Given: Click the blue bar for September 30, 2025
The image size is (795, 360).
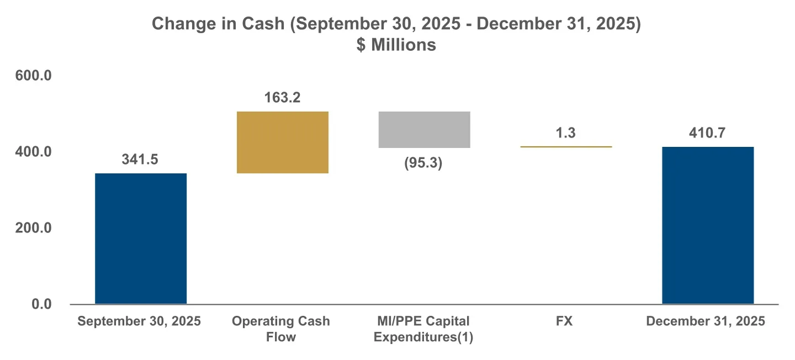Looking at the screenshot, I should pyautogui.click(x=141, y=239).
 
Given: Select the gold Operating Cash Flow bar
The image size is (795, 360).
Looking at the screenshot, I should pyautogui.click(x=282, y=142).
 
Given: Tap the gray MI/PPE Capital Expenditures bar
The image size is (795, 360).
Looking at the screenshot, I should pyautogui.click(x=424, y=130).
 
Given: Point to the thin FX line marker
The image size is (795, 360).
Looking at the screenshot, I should pyautogui.click(x=566, y=147).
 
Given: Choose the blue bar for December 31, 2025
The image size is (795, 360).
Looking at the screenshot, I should pyautogui.click(x=708, y=225).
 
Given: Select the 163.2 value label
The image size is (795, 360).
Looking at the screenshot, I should pyautogui.click(x=282, y=98).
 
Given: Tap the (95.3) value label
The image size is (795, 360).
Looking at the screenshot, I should pyautogui.click(x=424, y=163).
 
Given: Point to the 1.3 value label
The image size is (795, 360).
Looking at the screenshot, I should pyautogui.click(x=566, y=133).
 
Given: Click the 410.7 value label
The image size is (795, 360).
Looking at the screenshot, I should pyautogui.click(x=708, y=133).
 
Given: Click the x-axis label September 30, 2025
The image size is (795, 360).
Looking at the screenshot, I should pyautogui.click(x=139, y=321).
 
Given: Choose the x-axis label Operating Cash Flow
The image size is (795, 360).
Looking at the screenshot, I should pyautogui.click(x=280, y=329).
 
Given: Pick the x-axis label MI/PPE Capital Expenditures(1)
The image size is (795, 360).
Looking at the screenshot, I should pyautogui.click(x=423, y=329).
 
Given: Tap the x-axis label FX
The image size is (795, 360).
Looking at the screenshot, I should pyautogui.click(x=565, y=321).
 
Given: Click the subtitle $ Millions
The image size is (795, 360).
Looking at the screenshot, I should pyautogui.click(x=396, y=45).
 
